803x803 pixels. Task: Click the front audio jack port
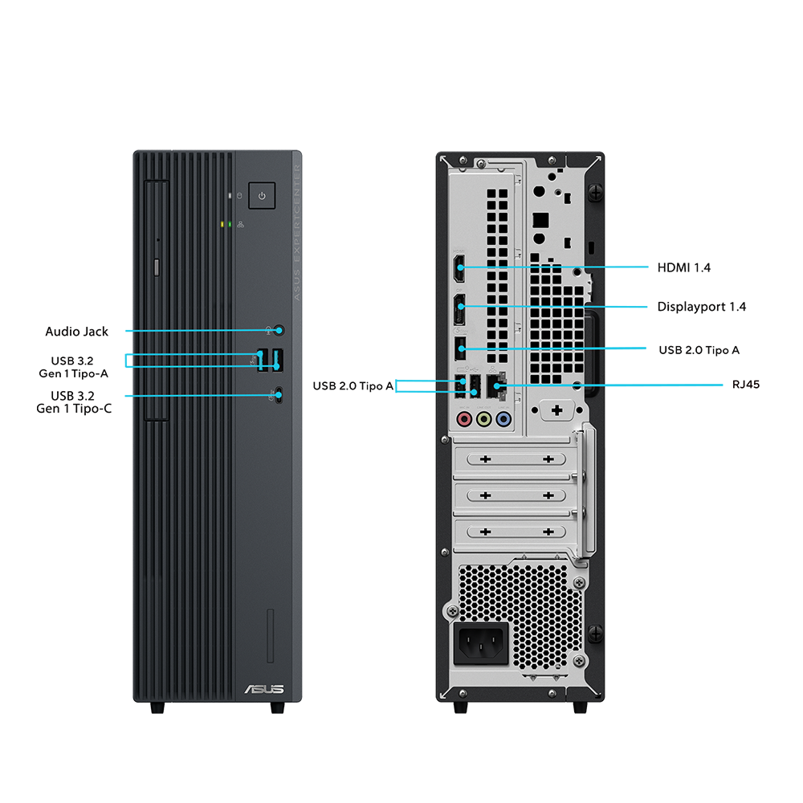pyautogui.click(x=279, y=330)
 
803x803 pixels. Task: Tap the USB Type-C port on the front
pyautogui.click(x=278, y=394)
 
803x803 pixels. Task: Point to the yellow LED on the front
pyautogui.click(x=222, y=223)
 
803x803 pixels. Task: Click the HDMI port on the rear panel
pyautogui.click(x=460, y=267)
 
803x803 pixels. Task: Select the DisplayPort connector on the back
pyautogui.click(x=460, y=305)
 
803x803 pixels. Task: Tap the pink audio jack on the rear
pyautogui.click(x=463, y=418)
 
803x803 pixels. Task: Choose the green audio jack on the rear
pyautogui.click(x=483, y=418)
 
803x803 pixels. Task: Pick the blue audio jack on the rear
pyautogui.click(x=503, y=418)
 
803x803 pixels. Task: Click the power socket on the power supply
pyautogui.click(x=482, y=642)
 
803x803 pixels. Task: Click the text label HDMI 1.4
pyautogui.click(x=683, y=267)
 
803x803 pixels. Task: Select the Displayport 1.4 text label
pyautogui.click(x=701, y=307)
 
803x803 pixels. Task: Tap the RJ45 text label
pyautogui.click(x=745, y=385)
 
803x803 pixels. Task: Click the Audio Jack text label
pyautogui.click(x=76, y=331)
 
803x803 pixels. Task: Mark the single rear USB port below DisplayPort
pyautogui.click(x=460, y=349)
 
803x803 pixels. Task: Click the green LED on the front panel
pyautogui.click(x=230, y=223)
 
